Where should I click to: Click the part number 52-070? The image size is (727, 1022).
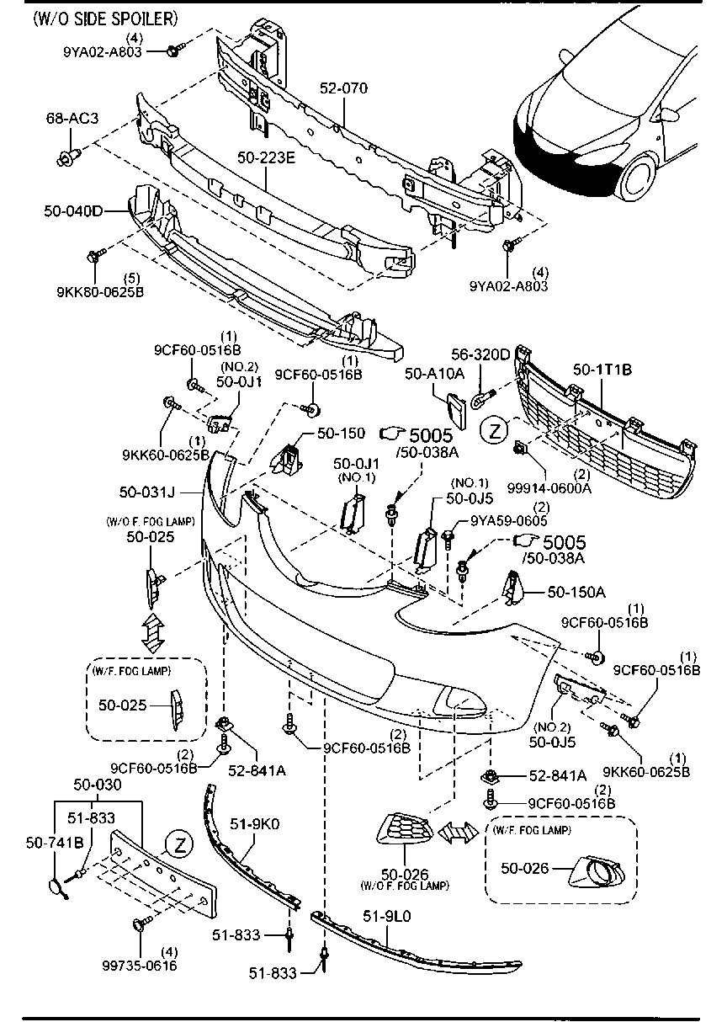coord(344,88)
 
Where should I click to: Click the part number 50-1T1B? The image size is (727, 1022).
coord(602,368)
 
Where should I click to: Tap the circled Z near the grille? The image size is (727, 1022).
coord(495,430)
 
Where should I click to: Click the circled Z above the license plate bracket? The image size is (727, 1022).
coord(178,843)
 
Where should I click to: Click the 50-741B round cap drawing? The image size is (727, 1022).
coord(56,886)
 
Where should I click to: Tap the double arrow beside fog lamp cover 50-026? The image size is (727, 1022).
coord(456,832)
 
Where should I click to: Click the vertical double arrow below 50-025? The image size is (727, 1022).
coord(152,633)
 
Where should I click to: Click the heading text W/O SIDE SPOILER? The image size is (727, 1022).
coord(106,18)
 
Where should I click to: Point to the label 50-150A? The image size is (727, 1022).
coord(577,592)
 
